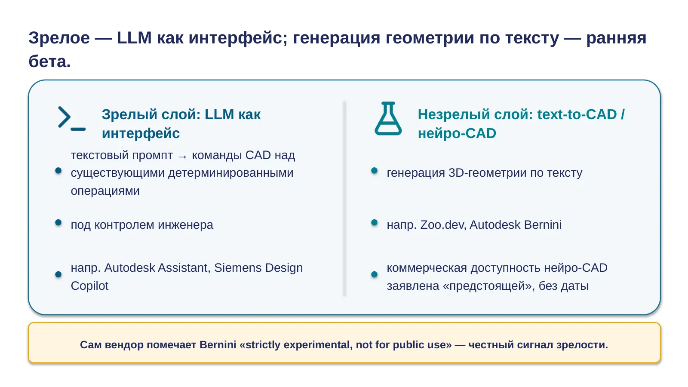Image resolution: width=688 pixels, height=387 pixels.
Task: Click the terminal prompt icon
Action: point(72,118)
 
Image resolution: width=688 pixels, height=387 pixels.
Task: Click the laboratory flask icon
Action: point(388,118)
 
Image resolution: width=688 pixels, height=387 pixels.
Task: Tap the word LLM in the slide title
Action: point(134,38)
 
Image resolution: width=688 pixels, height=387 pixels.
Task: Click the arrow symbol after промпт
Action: point(182,157)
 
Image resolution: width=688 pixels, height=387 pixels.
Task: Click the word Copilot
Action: point(90,286)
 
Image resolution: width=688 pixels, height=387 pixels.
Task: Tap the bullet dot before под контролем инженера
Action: point(58,222)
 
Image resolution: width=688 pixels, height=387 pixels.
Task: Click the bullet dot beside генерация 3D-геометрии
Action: point(374,170)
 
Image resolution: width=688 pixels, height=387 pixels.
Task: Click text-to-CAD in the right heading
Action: point(577,114)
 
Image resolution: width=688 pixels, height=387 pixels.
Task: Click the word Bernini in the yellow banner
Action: point(218,344)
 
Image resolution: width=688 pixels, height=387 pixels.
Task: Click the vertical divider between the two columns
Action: point(344,198)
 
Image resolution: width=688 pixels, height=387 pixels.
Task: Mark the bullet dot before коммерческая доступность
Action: point(374,274)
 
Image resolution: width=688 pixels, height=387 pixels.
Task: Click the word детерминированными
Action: point(230,173)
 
